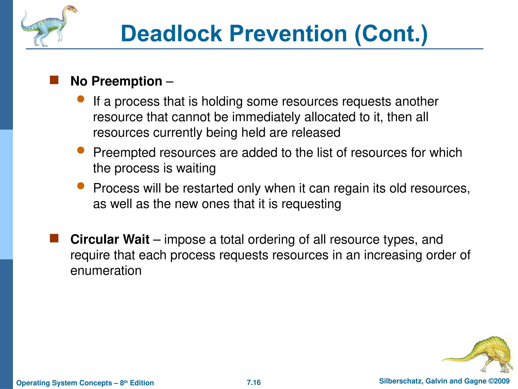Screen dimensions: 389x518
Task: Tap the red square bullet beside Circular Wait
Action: pos(54,238)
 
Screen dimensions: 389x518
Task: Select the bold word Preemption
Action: pos(127,81)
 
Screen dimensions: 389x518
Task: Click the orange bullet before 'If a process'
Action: pos(81,99)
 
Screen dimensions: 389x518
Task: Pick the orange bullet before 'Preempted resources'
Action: pos(81,150)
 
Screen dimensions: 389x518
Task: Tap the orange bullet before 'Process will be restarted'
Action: pos(81,186)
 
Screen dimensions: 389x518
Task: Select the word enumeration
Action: pos(106,271)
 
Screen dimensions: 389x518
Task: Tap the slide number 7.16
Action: pos(254,382)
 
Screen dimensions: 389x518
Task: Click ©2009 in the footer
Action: pos(499,381)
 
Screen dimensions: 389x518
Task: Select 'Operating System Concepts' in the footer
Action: pos(64,383)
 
